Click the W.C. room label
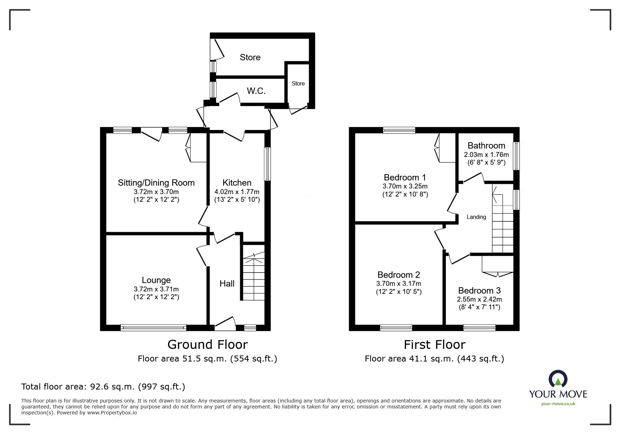256,91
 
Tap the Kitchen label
237,182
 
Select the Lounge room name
156,280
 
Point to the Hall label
227,283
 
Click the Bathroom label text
486,145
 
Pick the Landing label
476,217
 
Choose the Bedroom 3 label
479,290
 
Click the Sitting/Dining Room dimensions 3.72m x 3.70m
156,192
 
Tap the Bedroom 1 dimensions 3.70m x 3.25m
405,186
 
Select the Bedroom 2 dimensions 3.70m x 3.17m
399,284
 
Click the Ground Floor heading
208,344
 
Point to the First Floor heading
434,345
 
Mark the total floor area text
103,387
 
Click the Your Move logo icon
558,379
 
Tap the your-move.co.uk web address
558,404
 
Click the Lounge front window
153,328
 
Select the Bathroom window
516,156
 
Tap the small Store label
298,83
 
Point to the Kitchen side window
268,164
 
